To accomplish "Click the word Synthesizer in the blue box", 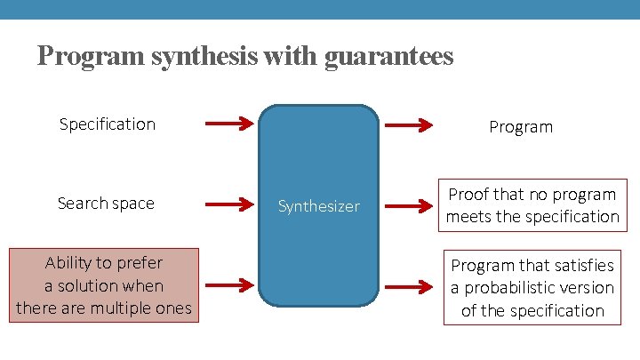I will click(x=318, y=206).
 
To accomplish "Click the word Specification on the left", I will click(x=107, y=124).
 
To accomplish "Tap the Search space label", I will click(x=106, y=204).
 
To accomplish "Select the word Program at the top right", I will click(x=521, y=127).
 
